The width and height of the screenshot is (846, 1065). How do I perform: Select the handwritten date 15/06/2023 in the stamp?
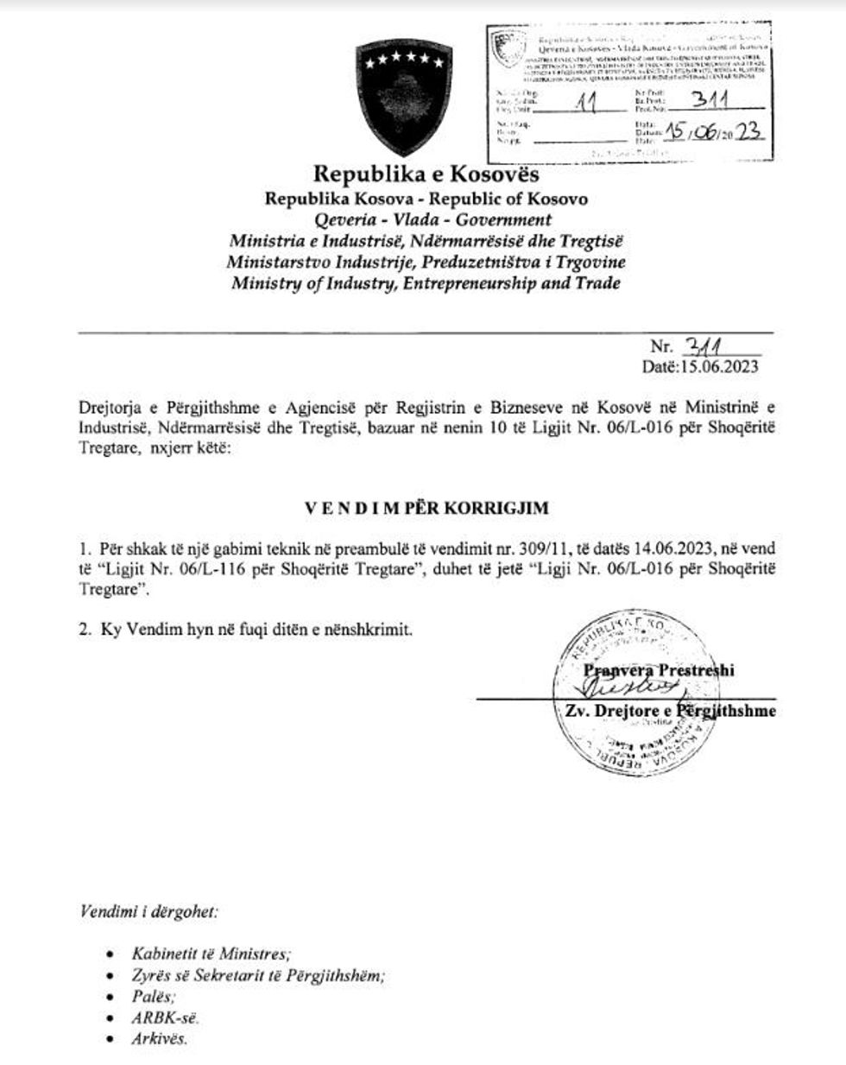(x=713, y=131)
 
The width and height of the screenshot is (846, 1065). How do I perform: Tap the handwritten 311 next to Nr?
(x=701, y=346)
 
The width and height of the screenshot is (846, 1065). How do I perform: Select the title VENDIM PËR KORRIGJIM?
(x=426, y=508)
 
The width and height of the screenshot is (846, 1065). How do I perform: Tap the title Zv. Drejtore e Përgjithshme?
(x=669, y=711)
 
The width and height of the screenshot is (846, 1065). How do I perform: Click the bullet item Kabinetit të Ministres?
(x=211, y=954)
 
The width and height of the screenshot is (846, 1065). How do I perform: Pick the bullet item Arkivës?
(x=159, y=1039)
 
